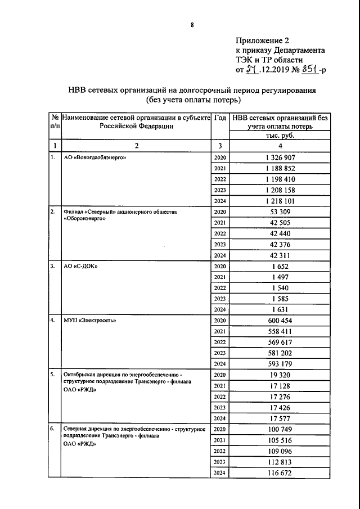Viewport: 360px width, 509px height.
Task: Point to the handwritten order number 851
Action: click(310, 70)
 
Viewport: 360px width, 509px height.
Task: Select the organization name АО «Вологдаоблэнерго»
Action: click(94, 158)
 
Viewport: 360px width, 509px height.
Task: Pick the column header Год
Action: click(220, 118)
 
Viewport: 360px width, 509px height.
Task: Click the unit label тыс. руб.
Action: click(280, 136)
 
